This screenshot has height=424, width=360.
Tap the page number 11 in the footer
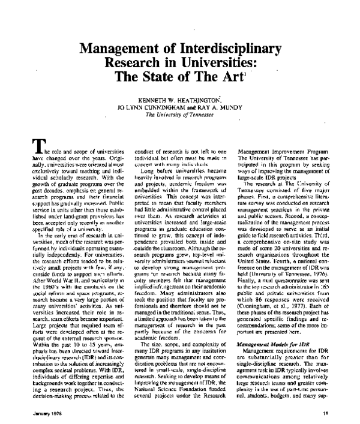(x=323, y=413)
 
